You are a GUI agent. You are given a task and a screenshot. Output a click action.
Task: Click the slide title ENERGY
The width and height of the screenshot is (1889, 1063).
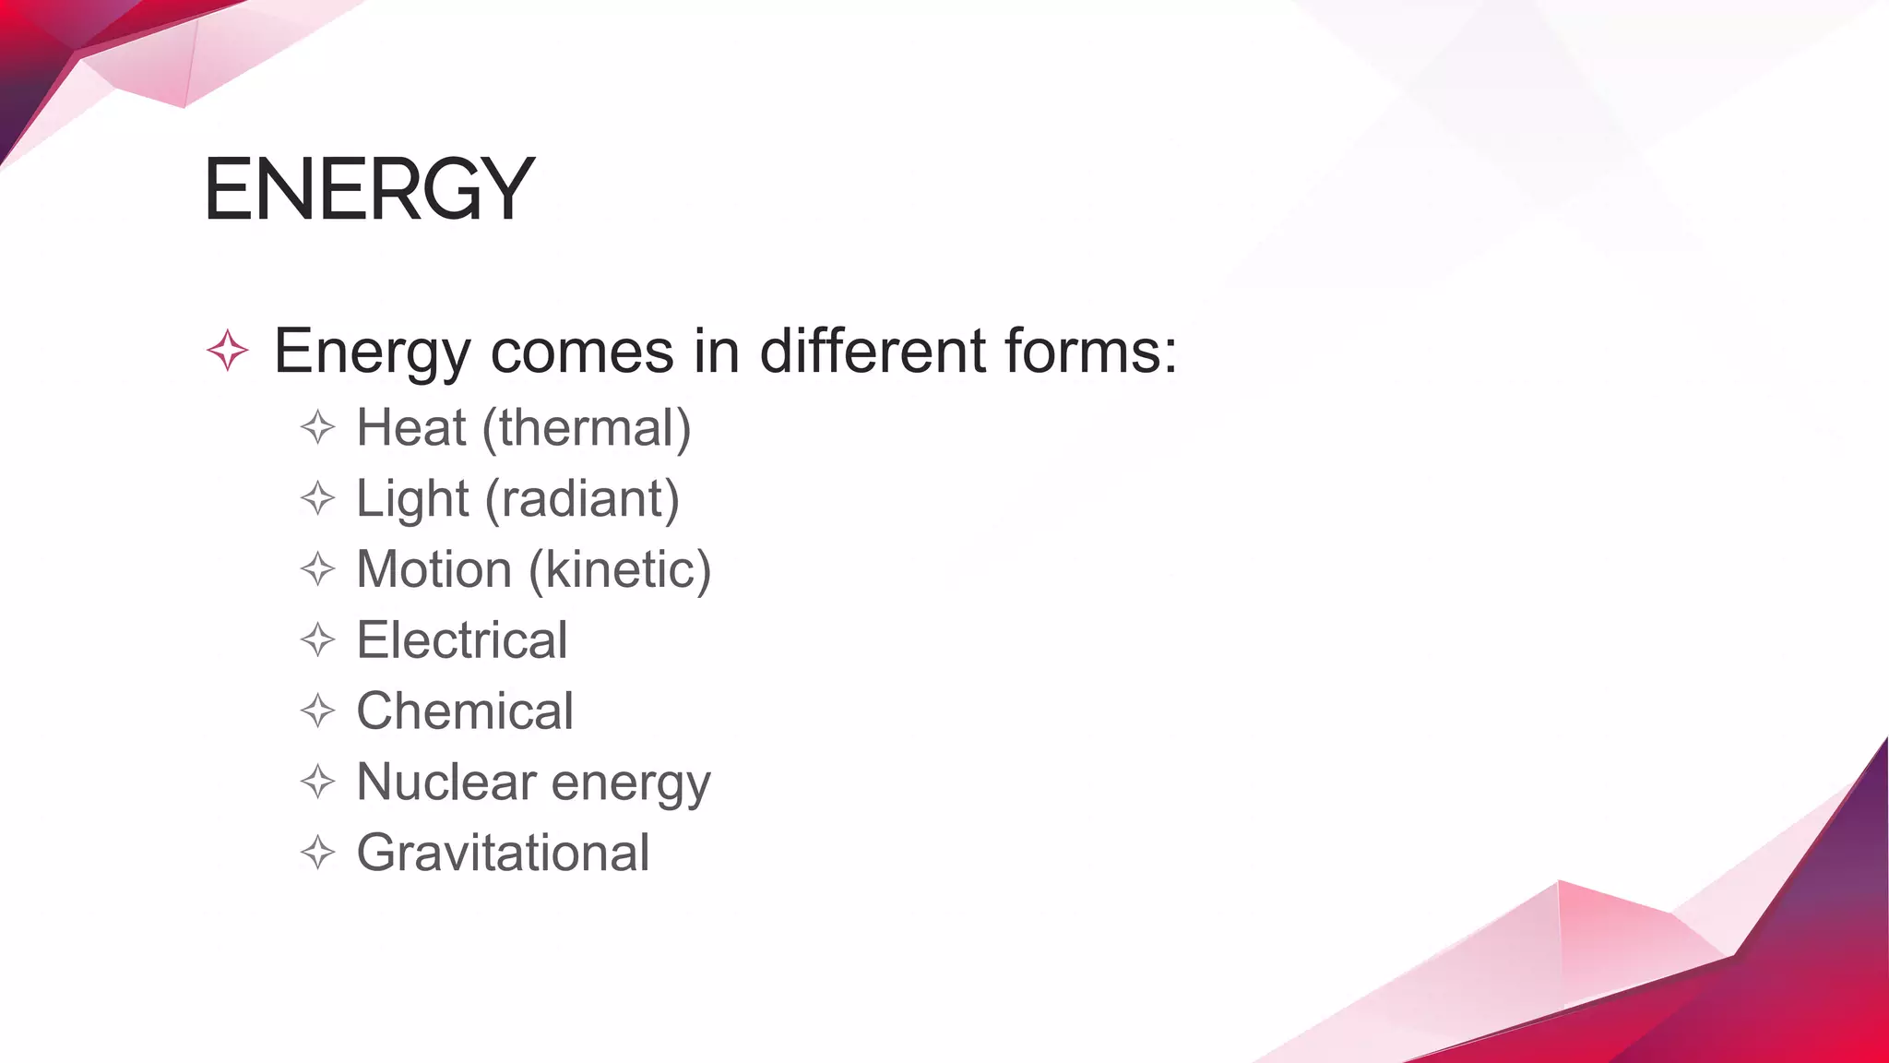[x=369, y=189]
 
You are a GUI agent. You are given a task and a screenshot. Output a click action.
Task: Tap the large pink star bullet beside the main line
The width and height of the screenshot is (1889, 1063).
[x=227, y=351]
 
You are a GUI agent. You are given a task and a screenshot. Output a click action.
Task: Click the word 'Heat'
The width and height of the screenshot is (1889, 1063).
[x=411, y=428]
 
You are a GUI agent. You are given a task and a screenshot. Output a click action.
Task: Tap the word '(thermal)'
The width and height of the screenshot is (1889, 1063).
[x=587, y=430]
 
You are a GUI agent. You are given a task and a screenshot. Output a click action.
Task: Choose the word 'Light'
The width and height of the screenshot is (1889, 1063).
[x=412, y=500]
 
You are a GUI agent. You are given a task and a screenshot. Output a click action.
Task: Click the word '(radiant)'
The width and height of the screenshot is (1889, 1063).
[x=582, y=500]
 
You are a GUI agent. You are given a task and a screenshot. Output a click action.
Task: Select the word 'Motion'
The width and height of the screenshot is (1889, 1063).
[x=434, y=569]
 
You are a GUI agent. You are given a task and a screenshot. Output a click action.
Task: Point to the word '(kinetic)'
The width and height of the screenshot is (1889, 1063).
[x=620, y=570]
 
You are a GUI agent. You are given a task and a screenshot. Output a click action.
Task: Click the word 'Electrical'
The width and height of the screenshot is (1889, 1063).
[x=462, y=640]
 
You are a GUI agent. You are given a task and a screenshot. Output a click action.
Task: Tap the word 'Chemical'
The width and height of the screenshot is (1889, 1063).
[x=465, y=711]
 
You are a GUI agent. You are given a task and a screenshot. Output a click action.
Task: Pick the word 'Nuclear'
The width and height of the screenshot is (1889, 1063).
[x=446, y=782]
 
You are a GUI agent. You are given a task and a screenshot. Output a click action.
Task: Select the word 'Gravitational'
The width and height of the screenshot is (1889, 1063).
[x=503, y=854]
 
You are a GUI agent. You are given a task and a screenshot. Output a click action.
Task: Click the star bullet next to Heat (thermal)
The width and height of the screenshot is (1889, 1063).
[x=317, y=428]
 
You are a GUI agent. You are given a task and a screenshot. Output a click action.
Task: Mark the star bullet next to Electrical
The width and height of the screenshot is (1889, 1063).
[x=317, y=640]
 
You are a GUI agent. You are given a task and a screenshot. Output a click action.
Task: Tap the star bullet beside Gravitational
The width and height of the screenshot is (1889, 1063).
[x=317, y=853]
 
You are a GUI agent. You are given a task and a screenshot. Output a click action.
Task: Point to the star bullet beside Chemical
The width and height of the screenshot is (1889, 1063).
[x=317, y=711]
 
